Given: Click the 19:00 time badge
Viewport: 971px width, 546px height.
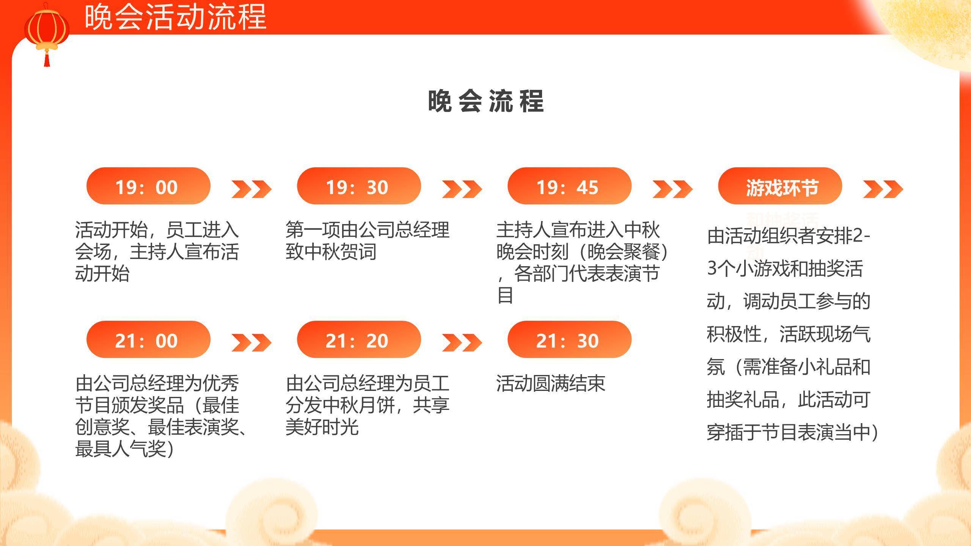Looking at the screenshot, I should click(148, 186).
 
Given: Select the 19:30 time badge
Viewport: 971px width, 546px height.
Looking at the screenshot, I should click(359, 186).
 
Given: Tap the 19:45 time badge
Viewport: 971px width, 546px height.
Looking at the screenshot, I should click(569, 186).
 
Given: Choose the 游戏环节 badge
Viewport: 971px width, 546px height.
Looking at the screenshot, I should click(780, 186).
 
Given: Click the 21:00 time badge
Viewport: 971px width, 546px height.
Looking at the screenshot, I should click(148, 340).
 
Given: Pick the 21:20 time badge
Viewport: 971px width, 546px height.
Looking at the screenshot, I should click(359, 340).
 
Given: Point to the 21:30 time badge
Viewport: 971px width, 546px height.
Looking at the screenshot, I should click(569, 340).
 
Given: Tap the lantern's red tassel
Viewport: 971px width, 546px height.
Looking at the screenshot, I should click(47, 60).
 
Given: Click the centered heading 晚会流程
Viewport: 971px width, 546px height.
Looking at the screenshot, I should click(486, 101).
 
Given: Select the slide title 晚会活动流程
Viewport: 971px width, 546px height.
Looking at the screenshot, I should click(175, 17).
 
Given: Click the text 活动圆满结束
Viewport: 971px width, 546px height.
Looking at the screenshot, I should click(550, 383).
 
